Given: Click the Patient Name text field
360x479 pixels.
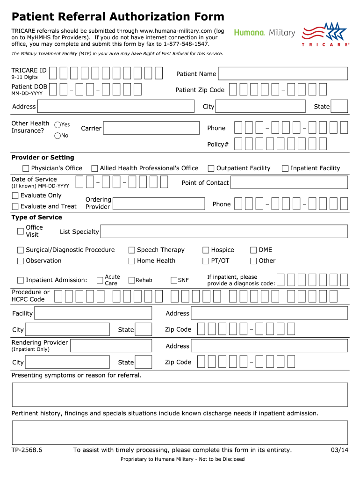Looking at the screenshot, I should [x=283, y=74].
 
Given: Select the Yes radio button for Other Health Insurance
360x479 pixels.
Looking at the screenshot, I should [x=58, y=125].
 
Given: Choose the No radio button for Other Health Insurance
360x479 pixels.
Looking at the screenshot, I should [x=58, y=136].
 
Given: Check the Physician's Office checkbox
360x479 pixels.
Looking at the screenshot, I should [x=26, y=168].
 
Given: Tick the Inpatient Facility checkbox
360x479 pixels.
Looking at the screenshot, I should [x=285, y=168].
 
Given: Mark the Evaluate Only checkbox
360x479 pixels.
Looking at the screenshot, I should [x=15, y=196].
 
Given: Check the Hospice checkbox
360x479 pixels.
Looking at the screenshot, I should [x=206, y=250].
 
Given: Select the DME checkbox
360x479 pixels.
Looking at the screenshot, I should [x=253, y=250].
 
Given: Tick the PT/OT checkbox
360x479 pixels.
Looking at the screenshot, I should [x=206, y=261].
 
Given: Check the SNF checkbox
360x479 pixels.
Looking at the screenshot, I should [x=174, y=280].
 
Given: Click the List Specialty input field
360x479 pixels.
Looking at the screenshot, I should [x=224, y=232].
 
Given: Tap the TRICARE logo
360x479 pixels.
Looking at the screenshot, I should [x=325, y=34].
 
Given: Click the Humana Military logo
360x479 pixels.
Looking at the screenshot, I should [x=265, y=33].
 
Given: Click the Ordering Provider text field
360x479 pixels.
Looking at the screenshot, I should [x=159, y=203].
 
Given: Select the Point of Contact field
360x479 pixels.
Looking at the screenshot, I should [x=289, y=183].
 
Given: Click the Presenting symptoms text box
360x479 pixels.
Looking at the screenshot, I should [x=180, y=394].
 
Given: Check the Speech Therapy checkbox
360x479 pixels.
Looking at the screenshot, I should [x=132, y=250].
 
